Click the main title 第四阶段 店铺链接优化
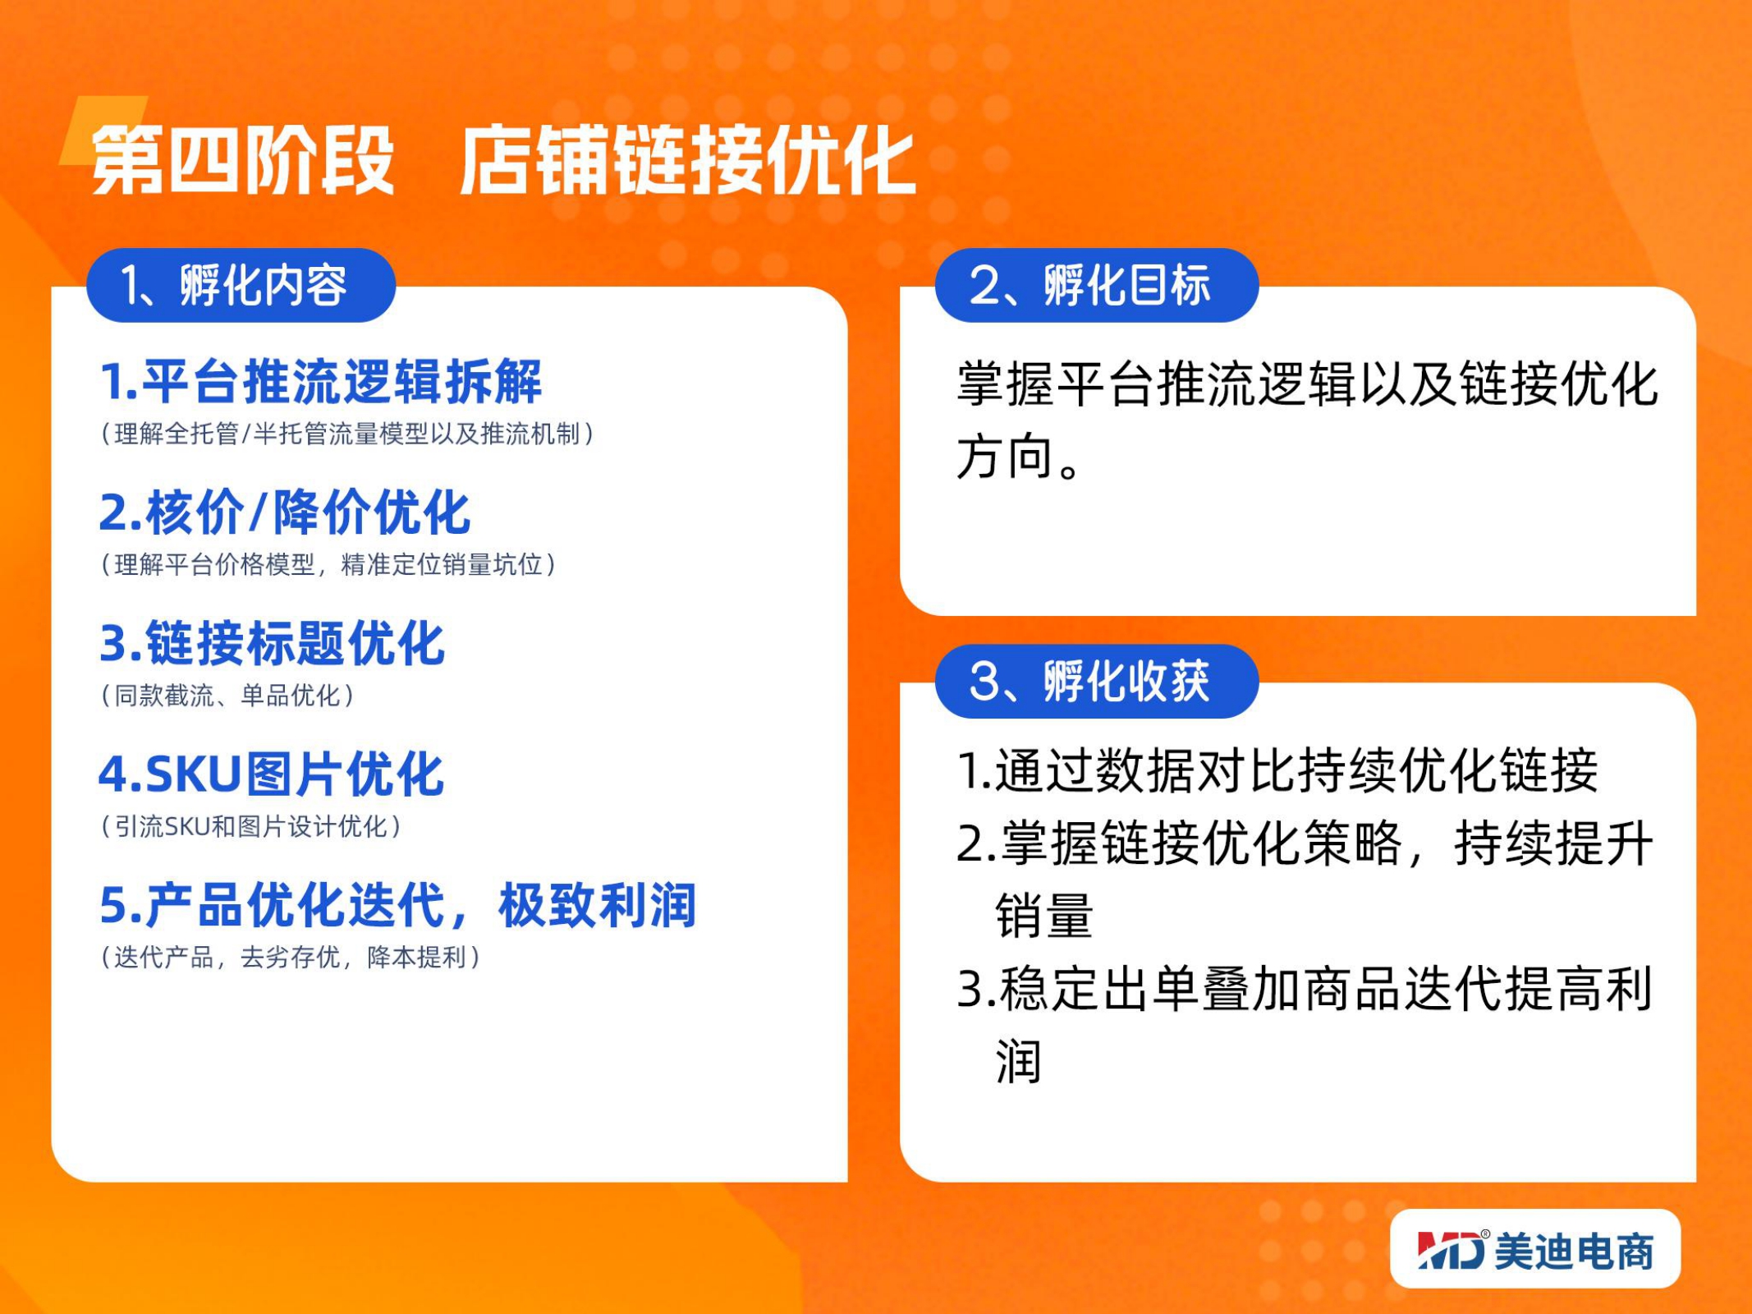coord(503,159)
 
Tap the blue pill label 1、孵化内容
coord(241,285)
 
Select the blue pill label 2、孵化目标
coord(1097,285)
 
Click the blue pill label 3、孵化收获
coord(1097,681)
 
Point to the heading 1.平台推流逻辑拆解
coord(321,382)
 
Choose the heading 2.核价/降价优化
coord(285,512)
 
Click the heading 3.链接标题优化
coord(272,643)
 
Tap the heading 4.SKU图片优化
coord(271,774)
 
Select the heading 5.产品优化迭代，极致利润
coord(398,905)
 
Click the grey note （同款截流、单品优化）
coord(227,696)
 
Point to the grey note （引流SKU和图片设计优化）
coord(251,826)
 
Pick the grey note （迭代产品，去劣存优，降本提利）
coord(291,957)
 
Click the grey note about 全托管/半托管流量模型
coord(347,434)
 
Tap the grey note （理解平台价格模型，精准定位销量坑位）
coord(328,564)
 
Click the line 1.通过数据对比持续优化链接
coord(1278,770)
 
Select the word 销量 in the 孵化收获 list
coord(1044,916)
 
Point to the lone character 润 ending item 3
coord(1019,1061)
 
